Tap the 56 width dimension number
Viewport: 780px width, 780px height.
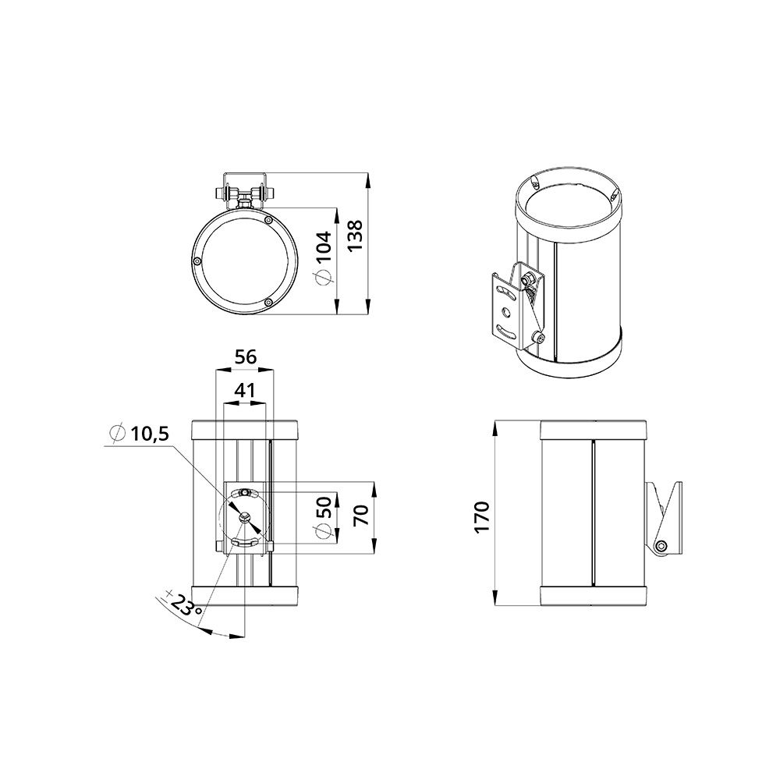click(x=246, y=357)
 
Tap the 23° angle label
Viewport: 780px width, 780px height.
click(x=185, y=606)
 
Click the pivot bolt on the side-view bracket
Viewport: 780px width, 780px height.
click(x=662, y=545)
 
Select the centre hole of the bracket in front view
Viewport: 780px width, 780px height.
click(x=246, y=516)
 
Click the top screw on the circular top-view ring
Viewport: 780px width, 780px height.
click(x=269, y=221)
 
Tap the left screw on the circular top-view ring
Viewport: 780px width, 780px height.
click(x=198, y=261)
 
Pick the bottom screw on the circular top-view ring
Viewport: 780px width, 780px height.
click(x=268, y=302)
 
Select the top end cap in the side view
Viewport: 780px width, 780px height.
click(x=592, y=429)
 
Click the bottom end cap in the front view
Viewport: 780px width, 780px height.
click(x=246, y=596)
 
